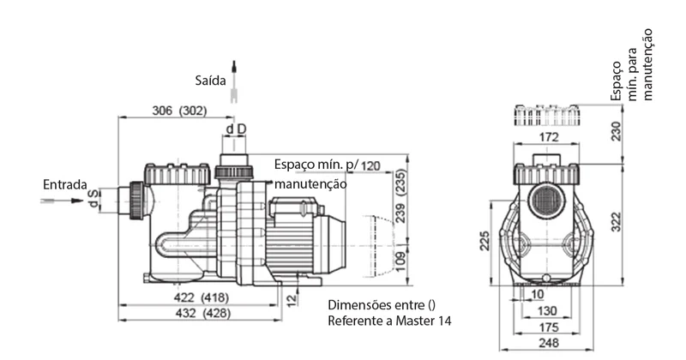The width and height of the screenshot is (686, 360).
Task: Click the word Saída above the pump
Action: pyautogui.click(x=210, y=81)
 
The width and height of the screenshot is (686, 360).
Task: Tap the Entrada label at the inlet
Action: pyautogui.click(x=65, y=184)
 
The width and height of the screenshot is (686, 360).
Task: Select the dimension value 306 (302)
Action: pyautogui.click(x=179, y=111)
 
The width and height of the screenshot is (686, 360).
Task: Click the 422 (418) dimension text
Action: pyautogui.click(x=201, y=297)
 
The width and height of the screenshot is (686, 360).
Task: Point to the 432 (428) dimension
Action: pyautogui.click(x=202, y=313)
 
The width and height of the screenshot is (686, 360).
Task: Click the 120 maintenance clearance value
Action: pyautogui.click(x=370, y=165)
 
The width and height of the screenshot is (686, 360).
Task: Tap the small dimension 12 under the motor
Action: pyautogui.click(x=292, y=300)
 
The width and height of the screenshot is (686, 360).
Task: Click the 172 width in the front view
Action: pyautogui.click(x=549, y=137)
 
